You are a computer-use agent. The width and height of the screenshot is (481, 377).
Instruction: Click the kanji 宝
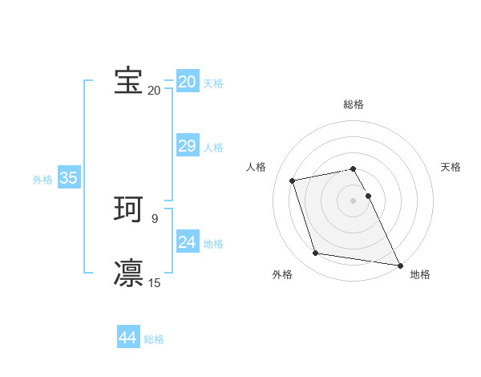click(128, 81)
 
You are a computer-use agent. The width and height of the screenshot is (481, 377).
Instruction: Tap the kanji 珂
click(128, 210)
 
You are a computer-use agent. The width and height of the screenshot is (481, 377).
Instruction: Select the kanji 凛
click(128, 273)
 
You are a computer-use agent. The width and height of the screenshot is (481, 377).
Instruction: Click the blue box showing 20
click(187, 82)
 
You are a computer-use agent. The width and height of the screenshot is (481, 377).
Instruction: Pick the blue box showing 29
click(187, 146)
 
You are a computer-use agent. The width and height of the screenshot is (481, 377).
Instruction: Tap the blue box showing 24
click(187, 242)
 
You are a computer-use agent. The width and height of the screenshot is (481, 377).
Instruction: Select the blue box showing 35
click(68, 178)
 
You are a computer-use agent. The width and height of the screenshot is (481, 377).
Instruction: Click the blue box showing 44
click(127, 338)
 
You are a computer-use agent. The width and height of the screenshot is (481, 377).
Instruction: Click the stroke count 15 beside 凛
click(155, 282)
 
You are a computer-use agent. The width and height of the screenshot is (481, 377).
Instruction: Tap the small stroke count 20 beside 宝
click(154, 91)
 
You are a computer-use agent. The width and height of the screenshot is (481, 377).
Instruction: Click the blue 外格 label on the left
click(42, 180)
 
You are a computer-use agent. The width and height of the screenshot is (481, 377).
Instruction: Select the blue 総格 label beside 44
click(154, 339)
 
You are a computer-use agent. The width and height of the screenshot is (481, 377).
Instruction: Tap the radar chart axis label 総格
click(354, 104)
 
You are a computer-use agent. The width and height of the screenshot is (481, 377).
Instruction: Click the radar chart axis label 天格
click(451, 167)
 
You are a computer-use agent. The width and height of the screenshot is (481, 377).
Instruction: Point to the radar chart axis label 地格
click(420, 274)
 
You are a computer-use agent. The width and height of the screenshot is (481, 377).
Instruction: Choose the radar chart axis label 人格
click(257, 167)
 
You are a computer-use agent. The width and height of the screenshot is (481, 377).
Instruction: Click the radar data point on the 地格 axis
click(399, 265)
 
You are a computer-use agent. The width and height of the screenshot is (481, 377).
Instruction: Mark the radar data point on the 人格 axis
click(293, 180)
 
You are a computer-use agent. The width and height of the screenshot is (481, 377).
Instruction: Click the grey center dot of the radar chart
click(354, 200)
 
